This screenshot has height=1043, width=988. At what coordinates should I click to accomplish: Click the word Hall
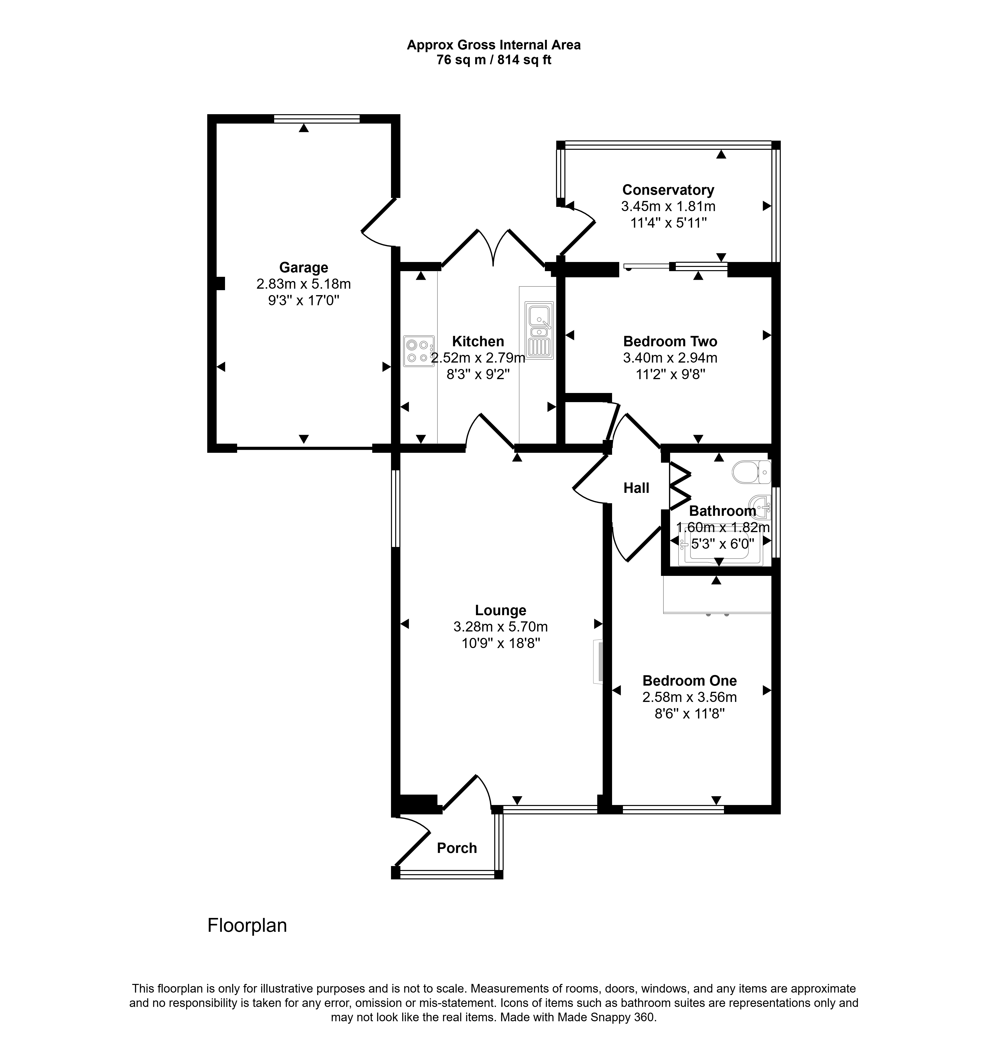tap(636, 488)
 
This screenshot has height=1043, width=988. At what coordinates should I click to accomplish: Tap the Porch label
tap(457, 848)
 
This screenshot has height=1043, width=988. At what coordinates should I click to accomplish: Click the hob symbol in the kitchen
tap(419, 351)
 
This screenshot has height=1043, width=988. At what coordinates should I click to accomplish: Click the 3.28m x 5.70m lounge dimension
tap(500, 627)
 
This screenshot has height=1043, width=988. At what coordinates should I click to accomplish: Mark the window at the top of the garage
tap(317, 119)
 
